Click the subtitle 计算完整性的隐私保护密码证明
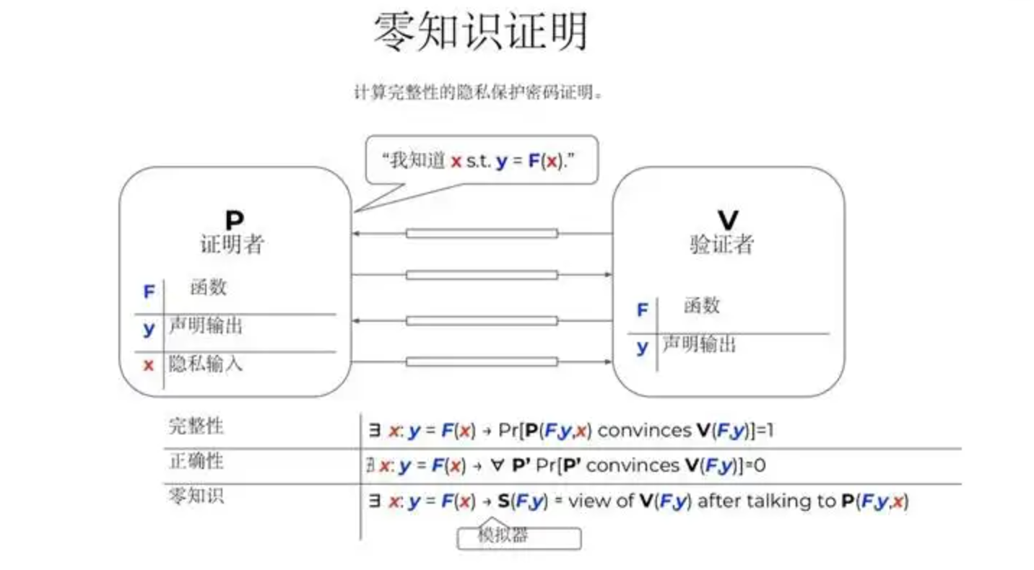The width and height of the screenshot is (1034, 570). (x=477, y=93)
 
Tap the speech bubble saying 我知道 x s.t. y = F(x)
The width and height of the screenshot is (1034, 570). (x=482, y=160)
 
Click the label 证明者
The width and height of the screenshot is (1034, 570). (x=232, y=245)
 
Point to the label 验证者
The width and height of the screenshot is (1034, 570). (x=721, y=245)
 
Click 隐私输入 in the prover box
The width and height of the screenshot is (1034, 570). (x=206, y=364)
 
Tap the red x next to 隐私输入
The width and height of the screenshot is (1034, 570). (x=149, y=365)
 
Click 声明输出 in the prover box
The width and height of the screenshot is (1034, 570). (x=206, y=326)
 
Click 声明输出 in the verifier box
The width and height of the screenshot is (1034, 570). (x=699, y=345)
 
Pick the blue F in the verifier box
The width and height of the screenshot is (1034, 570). (x=642, y=310)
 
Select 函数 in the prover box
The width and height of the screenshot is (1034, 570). (x=209, y=287)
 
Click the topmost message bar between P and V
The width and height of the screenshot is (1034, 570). (x=482, y=233)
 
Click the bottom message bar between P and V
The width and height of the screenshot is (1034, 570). (x=482, y=361)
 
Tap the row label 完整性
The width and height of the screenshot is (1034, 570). (x=196, y=426)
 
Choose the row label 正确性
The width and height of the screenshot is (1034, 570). (x=196, y=460)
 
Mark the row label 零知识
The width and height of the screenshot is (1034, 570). (x=196, y=496)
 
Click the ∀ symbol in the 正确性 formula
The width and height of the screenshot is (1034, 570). (x=498, y=465)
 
